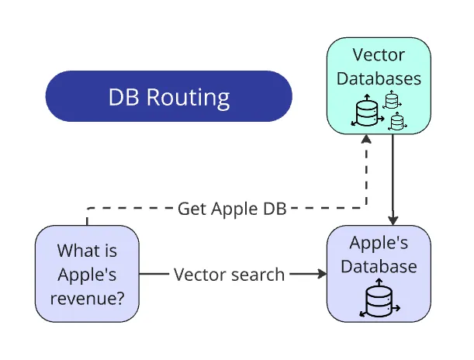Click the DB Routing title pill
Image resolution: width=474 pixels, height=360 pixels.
coord(168,97)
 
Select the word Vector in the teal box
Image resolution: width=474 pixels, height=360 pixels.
coord(379,55)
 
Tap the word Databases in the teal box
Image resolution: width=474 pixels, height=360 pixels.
coord(379,78)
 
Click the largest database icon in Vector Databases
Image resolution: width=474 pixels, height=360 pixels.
coord(366,112)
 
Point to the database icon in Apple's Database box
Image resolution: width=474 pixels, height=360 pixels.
coord(379,302)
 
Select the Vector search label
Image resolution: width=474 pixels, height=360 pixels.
coord(229,274)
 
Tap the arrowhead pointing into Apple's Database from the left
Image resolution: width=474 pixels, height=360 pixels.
coord(320,274)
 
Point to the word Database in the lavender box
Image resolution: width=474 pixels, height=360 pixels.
coord(379,266)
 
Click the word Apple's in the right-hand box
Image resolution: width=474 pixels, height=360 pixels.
coord(379,243)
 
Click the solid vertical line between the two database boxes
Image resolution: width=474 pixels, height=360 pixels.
coord(393,178)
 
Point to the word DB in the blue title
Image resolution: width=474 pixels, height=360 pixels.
coord(123,98)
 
